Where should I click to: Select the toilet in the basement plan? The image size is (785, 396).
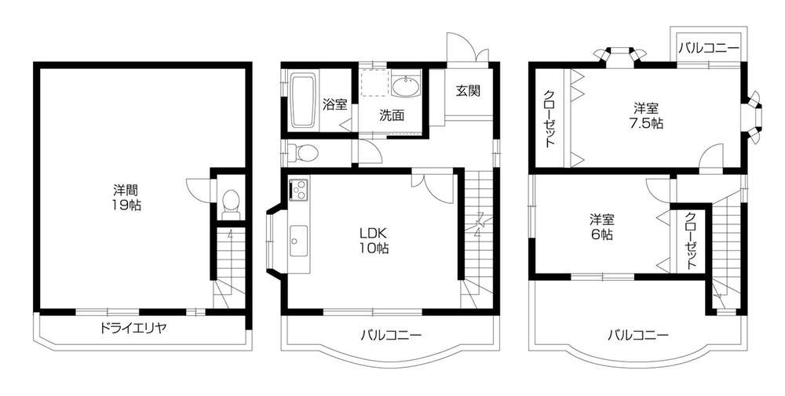231,204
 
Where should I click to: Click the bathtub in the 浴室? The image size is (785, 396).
302,101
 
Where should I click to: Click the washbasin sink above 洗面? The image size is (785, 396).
406,85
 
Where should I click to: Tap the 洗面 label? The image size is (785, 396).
392,115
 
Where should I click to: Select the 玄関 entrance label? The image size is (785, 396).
469,89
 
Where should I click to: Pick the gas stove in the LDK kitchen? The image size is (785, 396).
299,190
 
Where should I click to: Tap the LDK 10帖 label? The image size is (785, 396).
374,240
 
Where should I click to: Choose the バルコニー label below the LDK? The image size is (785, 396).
391,336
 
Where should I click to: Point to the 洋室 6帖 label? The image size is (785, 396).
602,227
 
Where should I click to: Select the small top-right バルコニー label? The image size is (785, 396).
710,48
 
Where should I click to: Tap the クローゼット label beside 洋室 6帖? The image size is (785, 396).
691,241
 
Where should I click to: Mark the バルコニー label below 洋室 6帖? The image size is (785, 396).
637,336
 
